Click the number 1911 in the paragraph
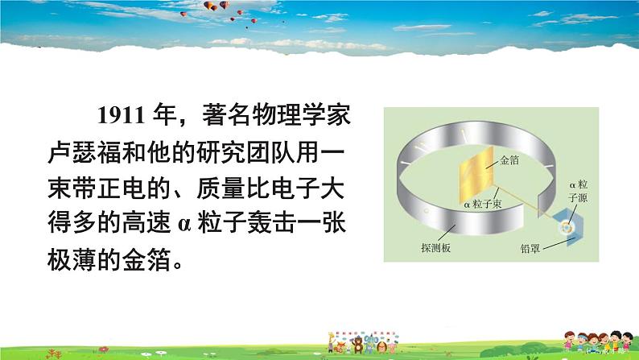click(121, 115)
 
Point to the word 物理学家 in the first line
click(301, 115)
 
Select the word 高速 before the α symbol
click(146, 223)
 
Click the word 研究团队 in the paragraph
click(245, 152)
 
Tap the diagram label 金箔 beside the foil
click(509, 160)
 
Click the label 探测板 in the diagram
click(435, 248)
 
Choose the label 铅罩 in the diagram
click(530, 248)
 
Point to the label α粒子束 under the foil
click(483, 205)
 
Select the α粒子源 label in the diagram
click(579, 192)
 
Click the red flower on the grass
click(104, 350)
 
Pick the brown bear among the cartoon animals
click(358, 345)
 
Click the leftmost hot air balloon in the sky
click(183, 14)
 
